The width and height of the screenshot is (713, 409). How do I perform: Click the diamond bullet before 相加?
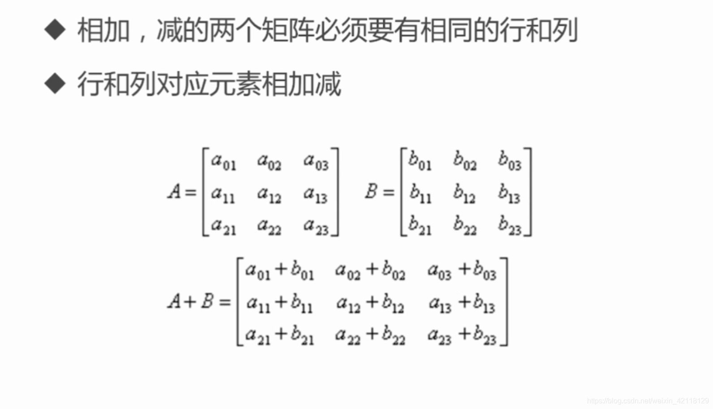pos(55,30)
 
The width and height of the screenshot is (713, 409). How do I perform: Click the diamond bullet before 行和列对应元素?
pos(55,83)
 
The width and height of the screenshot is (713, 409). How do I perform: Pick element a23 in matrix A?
pos(315,226)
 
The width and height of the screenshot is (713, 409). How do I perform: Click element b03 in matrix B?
pos(510,161)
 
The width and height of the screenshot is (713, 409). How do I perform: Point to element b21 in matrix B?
pos(420,226)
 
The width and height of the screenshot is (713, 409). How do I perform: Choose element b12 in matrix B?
pos(464,194)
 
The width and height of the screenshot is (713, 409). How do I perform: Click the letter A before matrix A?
pos(174,192)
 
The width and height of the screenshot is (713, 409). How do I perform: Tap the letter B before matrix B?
pos(371,192)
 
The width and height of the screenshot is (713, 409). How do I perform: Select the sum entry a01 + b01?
pos(280,270)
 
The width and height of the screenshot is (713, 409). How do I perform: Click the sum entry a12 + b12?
pos(370,304)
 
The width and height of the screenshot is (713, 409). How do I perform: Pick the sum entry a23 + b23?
pos(462,336)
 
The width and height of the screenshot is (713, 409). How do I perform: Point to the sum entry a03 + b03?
pos(462,270)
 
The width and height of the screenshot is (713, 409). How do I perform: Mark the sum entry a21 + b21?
pos(280,336)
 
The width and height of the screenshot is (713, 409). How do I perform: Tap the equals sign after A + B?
pos(225,302)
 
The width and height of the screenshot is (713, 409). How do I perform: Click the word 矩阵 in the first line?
pos(287,30)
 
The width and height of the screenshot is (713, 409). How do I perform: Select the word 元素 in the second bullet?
pos(235,84)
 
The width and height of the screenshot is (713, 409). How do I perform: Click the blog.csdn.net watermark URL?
pos(648,400)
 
